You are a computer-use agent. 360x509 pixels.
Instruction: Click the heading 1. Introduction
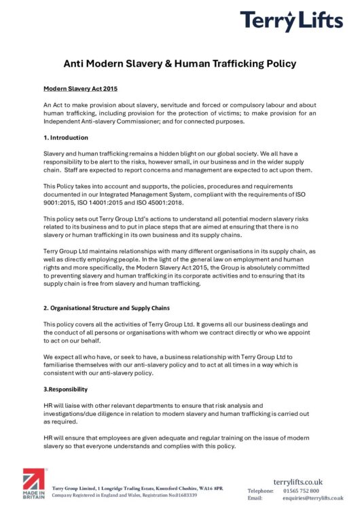65,137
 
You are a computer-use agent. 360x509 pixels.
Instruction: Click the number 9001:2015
60,202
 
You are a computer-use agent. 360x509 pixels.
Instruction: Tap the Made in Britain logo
34,483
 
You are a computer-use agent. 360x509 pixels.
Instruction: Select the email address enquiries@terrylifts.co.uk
313,498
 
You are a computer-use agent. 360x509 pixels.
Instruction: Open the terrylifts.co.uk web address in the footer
298,482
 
